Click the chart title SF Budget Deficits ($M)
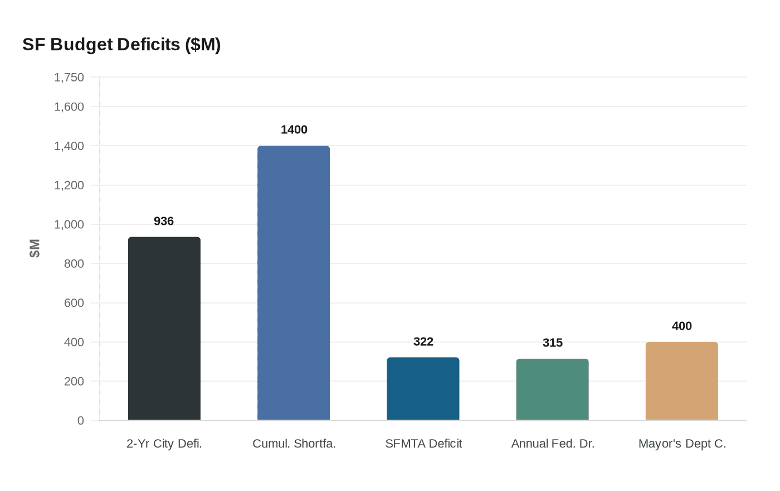[x=121, y=45]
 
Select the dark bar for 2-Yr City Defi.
[x=164, y=329]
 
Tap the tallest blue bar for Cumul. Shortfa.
[x=294, y=283]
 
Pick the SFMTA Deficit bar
[x=423, y=389]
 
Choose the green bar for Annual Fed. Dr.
[x=552, y=389]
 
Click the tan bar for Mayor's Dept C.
[x=681, y=381]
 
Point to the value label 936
[x=164, y=222]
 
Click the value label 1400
[x=294, y=130]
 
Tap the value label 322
[x=423, y=342]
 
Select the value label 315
[x=553, y=343]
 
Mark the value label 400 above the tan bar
[x=681, y=326]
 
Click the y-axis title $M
[x=35, y=248]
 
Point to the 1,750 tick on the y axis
[x=69, y=78]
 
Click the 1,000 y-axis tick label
[x=69, y=224]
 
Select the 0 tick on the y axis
[x=81, y=421]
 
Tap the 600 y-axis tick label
[x=74, y=303]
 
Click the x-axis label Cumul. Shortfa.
[x=294, y=444]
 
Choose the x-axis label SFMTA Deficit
[x=423, y=444]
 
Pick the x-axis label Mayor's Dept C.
[x=682, y=444]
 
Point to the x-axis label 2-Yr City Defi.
[x=164, y=444]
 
